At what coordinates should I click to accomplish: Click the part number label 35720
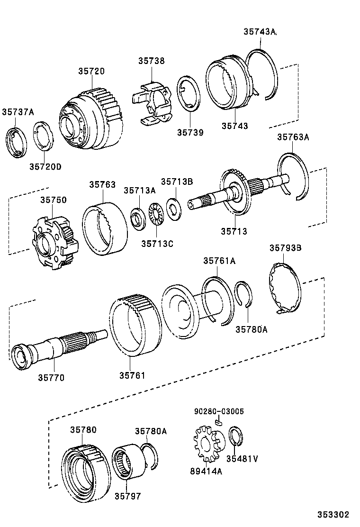[91, 71]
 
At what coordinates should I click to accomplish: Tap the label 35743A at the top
[260, 32]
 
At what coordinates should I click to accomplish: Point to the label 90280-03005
[219, 411]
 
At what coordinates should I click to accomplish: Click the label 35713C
[157, 244]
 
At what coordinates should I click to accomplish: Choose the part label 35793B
[286, 248]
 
